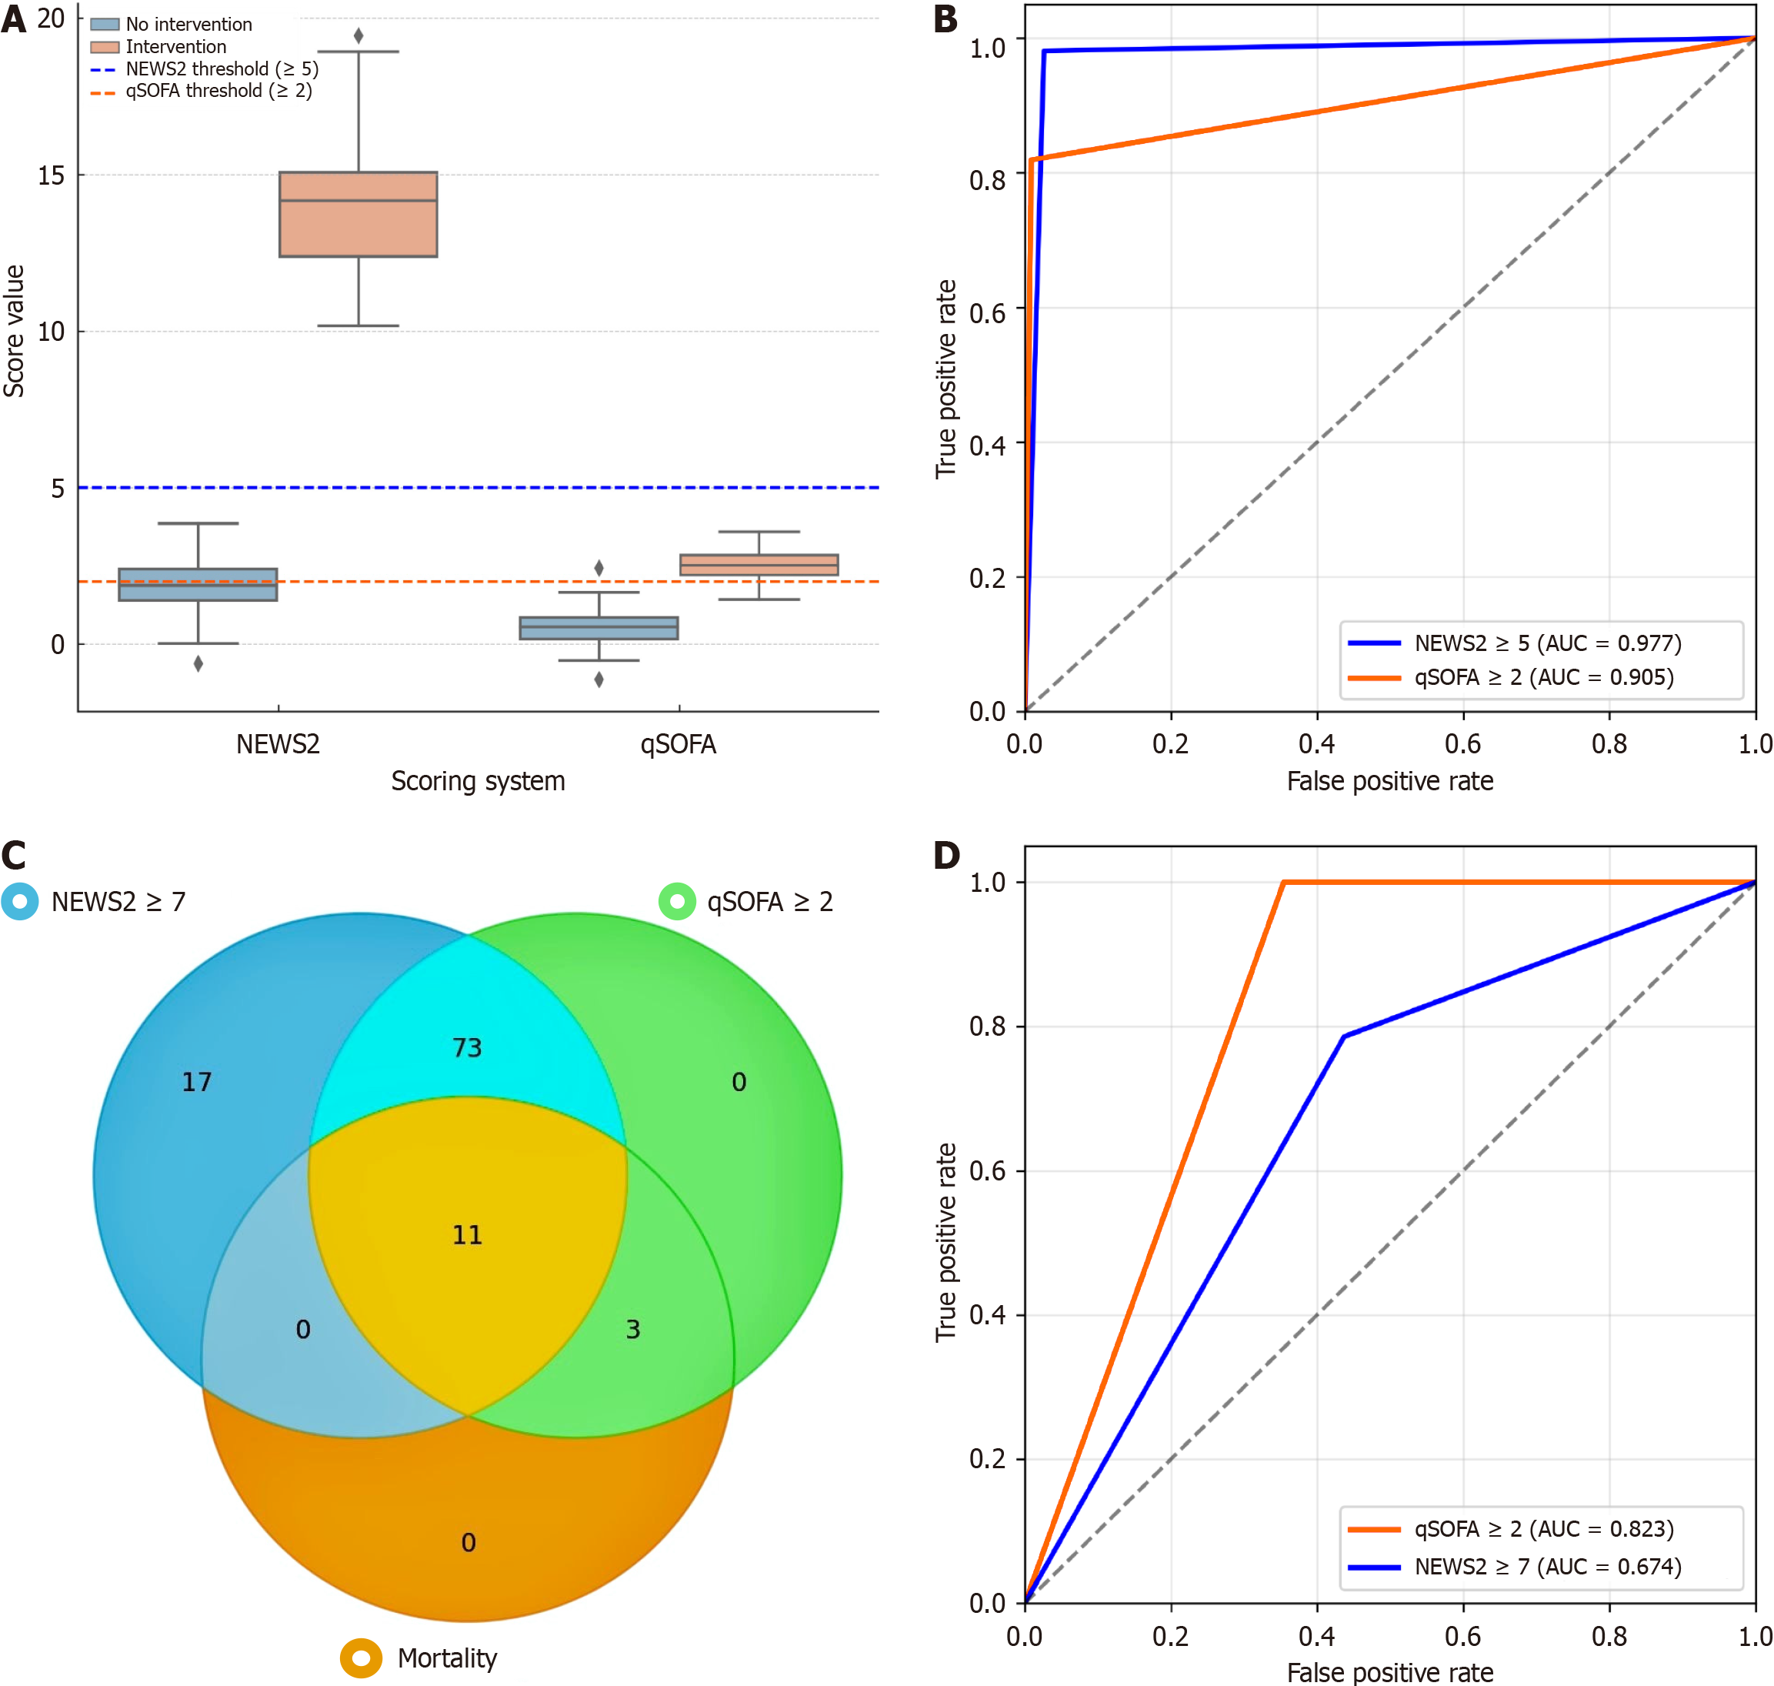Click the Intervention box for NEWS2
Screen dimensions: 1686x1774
pyautogui.click(x=358, y=214)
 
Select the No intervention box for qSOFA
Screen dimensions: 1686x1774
pyautogui.click(x=599, y=627)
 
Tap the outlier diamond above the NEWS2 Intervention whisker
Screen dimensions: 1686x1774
pyautogui.click(x=358, y=36)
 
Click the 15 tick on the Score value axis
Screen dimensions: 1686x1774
pyautogui.click(x=52, y=175)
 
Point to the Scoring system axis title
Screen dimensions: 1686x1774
pyautogui.click(x=477, y=781)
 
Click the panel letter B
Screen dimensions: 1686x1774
pyautogui.click(x=945, y=20)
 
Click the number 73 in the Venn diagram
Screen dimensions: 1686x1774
pyautogui.click(x=467, y=1047)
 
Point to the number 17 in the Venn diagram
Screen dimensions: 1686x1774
pyautogui.click(x=197, y=1081)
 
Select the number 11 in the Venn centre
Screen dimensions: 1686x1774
pyautogui.click(x=467, y=1235)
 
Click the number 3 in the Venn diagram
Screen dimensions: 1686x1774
pyautogui.click(x=632, y=1329)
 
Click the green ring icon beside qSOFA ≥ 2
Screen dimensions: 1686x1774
pyautogui.click(x=678, y=900)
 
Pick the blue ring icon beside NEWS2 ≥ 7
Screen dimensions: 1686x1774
pyautogui.click(x=20, y=900)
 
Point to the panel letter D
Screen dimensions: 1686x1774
pyautogui.click(x=946, y=855)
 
